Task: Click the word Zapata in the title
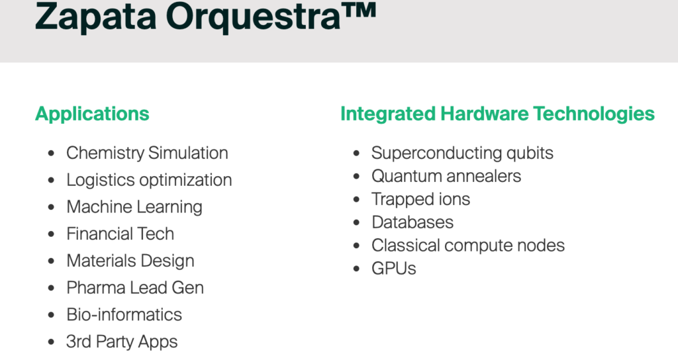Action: tap(95, 17)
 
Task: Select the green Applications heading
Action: tap(92, 114)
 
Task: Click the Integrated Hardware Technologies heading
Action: tap(497, 114)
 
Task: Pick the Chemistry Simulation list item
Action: tap(147, 153)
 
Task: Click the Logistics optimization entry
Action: tap(149, 180)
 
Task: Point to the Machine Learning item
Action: tap(134, 207)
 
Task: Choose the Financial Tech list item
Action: tap(121, 234)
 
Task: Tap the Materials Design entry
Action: tap(130, 261)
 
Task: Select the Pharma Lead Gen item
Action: tap(135, 288)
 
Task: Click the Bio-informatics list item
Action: tap(124, 314)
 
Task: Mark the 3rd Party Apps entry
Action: tap(122, 342)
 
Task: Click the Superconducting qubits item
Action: tap(462, 153)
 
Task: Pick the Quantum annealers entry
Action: tap(446, 176)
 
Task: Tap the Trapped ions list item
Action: tap(420, 199)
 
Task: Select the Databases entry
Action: tap(412, 222)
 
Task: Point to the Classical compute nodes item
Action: tap(468, 246)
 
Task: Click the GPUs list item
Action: tap(393, 269)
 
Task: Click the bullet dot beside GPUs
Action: tap(356, 269)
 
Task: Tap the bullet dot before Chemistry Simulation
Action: tap(51, 154)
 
